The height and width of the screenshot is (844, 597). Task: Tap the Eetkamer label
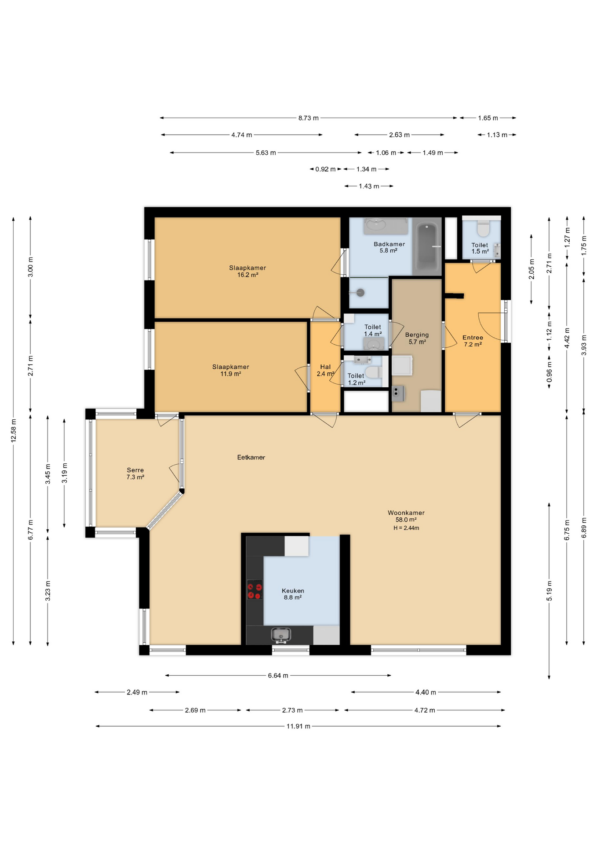pyautogui.click(x=251, y=457)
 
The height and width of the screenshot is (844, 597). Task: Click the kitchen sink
pyautogui.click(x=281, y=635)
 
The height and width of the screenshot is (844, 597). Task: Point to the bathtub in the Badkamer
pyautogui.click(x=427, y=247)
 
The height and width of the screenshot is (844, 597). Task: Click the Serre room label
pyautogui.click(x=135, y=473)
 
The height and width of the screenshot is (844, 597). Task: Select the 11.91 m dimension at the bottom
pyautogui.click(x=298, y=726)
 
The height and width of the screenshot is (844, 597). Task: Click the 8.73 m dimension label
pyautogui.click(x=309, y=118)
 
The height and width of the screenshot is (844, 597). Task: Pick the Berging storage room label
pyautogui.click(x=417, y=338)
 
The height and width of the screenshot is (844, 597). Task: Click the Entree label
pyautogui.click(x=473, y=341)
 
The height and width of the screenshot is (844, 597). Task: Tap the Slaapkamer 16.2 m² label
pyautogui.click(x=248, y=271)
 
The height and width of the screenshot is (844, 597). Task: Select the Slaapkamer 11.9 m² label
pyautogui.click(x=231, y=370)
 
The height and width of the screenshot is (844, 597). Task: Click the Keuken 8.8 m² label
pyautogui.click(x=293, y=594)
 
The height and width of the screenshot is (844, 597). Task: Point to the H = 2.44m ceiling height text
pyautogui.click(x=406, y=528)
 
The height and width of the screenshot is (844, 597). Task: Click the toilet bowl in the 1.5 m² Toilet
pyautogui.click(x=483, y=229)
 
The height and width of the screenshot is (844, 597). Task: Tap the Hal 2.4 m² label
pyautogui.click(x=325, y=370)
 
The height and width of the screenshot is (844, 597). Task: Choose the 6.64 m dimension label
pyautogui.click(x=278, y=675)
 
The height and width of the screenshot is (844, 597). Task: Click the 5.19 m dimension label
pyautogui.click(x=549, y=591)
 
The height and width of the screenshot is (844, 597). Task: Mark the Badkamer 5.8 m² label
pyautogui.click(x=389, y=247)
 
